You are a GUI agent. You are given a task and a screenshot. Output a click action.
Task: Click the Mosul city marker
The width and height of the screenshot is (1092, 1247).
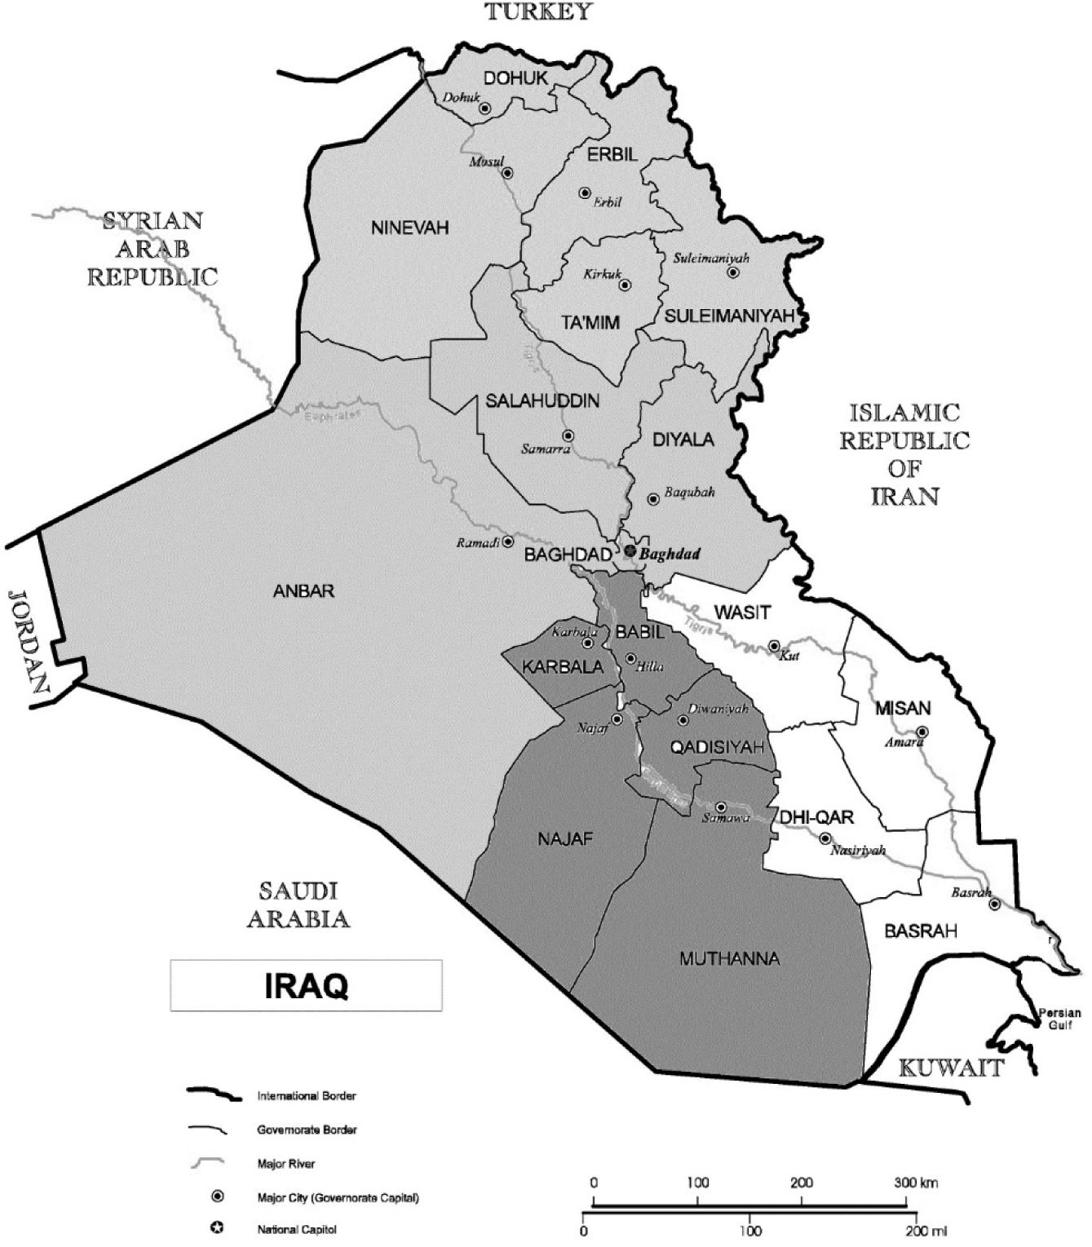[506, 173]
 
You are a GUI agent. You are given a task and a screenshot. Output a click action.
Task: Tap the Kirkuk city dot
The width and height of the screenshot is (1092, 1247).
[625, 285]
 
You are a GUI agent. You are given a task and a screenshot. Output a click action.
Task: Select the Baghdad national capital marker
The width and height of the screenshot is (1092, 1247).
[630, 551]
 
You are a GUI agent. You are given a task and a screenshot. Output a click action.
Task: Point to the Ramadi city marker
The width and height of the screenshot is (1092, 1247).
[507, 542]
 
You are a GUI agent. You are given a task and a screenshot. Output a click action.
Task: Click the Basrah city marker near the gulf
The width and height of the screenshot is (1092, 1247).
[995, 904]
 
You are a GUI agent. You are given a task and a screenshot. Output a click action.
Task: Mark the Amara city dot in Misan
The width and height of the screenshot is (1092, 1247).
[922, 732]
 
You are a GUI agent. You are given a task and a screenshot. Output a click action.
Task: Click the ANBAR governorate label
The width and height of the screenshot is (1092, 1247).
[304, 591]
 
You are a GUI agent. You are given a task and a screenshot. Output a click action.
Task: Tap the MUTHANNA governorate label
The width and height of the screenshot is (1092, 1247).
[729, 959]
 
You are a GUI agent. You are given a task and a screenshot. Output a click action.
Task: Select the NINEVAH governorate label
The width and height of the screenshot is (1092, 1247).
[409, 228]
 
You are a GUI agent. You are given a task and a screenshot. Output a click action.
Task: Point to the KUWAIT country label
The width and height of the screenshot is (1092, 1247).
[950, 1068]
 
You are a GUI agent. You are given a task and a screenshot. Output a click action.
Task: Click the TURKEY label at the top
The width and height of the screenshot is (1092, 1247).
[538, 11]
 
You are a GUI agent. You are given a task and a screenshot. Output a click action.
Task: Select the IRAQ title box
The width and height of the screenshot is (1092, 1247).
[306, 986]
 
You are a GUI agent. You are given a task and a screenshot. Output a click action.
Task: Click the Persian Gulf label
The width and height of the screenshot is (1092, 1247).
[1059, 1019]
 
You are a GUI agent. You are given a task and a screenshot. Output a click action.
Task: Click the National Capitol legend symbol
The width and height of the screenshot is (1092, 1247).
[218, 1228]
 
